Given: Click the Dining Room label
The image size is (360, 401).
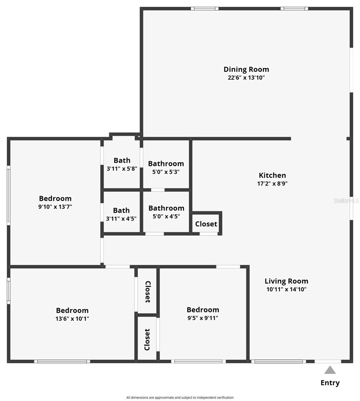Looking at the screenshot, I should coord(246,70).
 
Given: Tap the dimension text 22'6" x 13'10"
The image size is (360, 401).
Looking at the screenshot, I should coord(246,78).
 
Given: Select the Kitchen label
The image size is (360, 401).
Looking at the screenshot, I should coord(272,175).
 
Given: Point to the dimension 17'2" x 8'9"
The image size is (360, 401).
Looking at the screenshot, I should coord(272,183).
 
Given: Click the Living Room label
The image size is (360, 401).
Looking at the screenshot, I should coord(286,281).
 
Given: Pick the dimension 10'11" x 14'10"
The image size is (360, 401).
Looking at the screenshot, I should coord(286,289).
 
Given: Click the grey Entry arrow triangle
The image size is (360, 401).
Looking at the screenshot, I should coord(330,370).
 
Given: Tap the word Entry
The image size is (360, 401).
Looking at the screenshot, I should coord(330,383).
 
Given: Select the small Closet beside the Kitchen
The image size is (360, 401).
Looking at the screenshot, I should coord(206,224).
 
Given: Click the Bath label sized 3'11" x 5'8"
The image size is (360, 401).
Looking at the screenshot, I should coord(122,160).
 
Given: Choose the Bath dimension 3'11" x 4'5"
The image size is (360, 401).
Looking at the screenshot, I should coord(121,219).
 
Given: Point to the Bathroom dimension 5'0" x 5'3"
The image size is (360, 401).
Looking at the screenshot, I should coord(166,172).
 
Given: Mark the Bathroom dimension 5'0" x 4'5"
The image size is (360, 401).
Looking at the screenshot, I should coord(166,217).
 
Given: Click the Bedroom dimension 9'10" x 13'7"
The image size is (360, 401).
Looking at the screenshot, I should coord(55,207).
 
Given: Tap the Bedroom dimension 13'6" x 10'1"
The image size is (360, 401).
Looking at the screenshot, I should coord(72,319).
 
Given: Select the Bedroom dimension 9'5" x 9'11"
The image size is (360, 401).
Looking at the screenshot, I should coord(203,318).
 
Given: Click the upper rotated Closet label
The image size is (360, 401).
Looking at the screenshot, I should coord(148,292).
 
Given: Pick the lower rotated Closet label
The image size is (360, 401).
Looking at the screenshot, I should coord(147,340).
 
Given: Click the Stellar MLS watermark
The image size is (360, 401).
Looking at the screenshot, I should coord(346,201).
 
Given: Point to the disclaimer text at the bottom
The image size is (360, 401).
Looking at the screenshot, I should coord(180,398).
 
